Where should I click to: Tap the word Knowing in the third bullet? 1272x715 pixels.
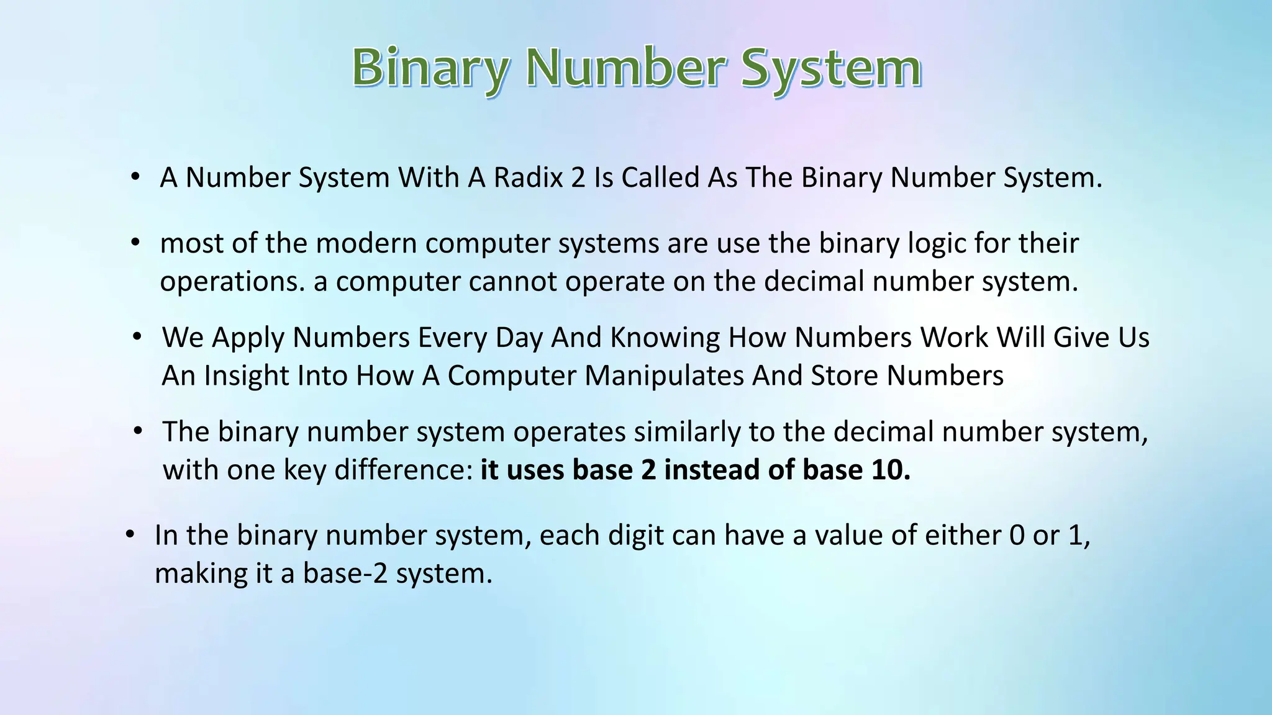coord(665,338)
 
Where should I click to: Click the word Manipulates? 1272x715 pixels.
coord(664,375)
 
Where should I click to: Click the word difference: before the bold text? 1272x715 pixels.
coord(404,470)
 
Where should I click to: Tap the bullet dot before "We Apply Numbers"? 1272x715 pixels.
coord(137,337)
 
